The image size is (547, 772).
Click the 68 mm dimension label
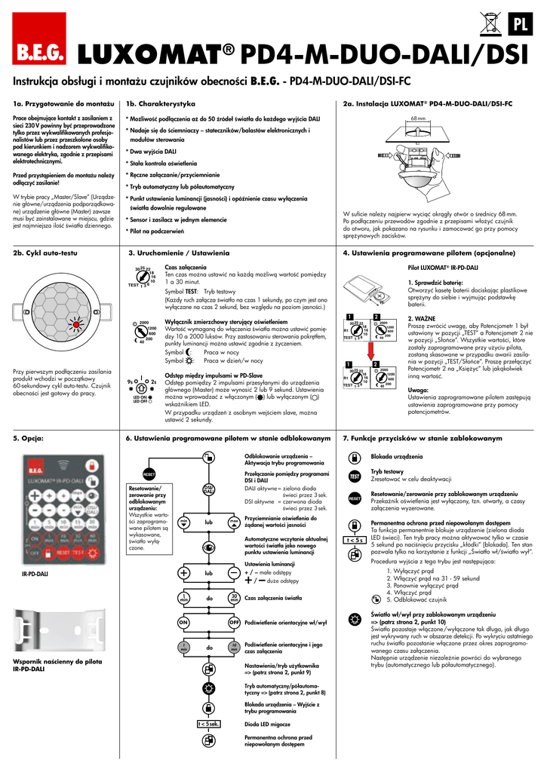[419, 118]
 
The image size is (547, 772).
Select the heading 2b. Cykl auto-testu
[41, 253]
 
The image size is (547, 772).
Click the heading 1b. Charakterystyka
[161, 103]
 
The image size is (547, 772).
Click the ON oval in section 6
[183, 623]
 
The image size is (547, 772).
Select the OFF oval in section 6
[235, 623]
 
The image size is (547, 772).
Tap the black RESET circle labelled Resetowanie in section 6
[149, 474]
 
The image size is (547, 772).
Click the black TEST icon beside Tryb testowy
[355, 476]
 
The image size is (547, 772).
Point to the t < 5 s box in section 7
[354, 540]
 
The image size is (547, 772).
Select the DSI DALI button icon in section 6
[208, 489]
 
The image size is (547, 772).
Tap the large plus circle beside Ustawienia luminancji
[183, 573]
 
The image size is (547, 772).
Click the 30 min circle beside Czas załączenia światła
[235, 598]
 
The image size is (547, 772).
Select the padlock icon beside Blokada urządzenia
[355, 458]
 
